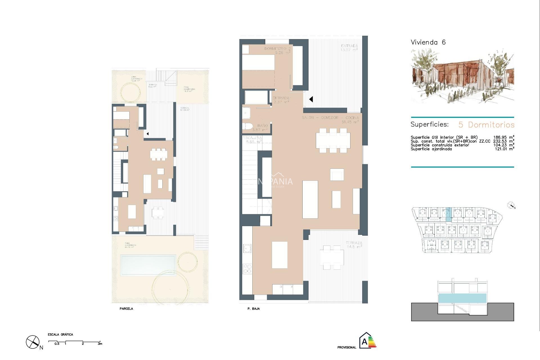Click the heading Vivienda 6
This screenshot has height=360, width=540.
coord(428,42)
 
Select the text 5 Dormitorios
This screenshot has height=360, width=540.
coord(486,125)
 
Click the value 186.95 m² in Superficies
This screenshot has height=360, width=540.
coord(504,138)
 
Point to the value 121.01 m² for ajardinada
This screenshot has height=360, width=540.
coord(505,149)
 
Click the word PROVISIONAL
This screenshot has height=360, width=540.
coord(346,348)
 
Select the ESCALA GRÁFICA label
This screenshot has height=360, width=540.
coord(60,335)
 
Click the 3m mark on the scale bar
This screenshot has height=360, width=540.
coord(100,344)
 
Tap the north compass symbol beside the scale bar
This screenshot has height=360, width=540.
coord(33,342)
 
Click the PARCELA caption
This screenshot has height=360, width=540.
coord(126,309)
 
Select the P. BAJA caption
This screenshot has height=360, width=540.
coord(253,309)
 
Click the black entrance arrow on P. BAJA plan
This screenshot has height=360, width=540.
coord(311,99)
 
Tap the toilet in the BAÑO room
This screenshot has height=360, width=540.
coord(247,127)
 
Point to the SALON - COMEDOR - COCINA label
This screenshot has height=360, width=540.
coord(330,118)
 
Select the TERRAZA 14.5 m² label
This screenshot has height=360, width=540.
coord(354,245)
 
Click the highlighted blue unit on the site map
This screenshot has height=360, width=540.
coord(448,213)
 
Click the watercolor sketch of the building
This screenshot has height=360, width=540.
coord(462,76)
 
